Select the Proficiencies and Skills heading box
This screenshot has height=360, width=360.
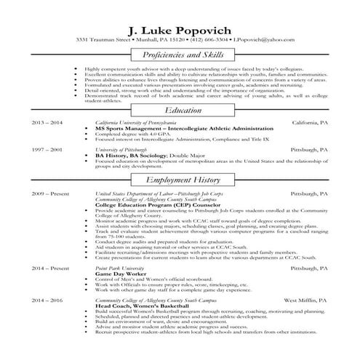tap(180, 56)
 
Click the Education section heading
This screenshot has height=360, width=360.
tap(180, 110)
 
